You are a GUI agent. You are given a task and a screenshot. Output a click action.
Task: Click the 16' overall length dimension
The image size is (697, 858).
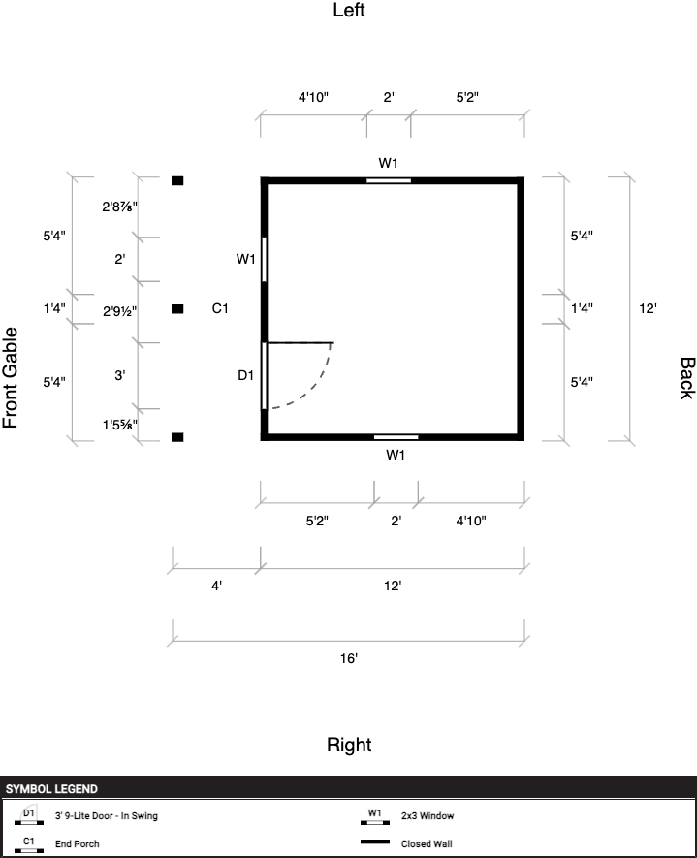point(349,658)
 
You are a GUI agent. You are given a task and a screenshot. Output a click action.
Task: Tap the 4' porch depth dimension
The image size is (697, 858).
point(216,586)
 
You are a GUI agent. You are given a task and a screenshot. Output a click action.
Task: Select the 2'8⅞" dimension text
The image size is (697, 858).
point(120,207)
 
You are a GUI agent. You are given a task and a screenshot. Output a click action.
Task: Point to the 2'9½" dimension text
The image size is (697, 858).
point(120,311)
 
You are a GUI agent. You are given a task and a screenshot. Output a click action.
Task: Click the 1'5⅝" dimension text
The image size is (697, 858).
point(120,425)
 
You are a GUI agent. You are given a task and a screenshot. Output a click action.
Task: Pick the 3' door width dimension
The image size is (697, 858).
point(120,375)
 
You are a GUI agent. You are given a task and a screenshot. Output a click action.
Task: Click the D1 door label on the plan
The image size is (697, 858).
point(245,375)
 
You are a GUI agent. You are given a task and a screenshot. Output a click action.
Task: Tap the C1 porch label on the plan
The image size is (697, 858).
point(220,308)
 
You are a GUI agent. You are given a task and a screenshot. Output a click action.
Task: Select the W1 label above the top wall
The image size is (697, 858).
point(388,163)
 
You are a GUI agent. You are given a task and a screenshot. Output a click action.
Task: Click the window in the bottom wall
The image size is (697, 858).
point(396,437)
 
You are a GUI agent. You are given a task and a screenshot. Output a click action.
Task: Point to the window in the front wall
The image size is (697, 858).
point(265,260)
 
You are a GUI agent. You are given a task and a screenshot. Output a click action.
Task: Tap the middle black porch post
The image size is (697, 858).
point(177,309)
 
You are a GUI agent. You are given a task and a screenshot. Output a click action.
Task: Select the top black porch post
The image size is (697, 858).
point(177,180)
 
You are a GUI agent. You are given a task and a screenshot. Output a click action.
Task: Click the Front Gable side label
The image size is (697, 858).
point(11,377)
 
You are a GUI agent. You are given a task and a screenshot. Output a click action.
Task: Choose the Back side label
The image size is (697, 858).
point(687,378)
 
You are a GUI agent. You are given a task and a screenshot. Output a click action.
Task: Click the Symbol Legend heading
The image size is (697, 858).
point(51,789)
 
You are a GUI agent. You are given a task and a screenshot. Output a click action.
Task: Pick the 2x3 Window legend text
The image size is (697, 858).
point(428,816)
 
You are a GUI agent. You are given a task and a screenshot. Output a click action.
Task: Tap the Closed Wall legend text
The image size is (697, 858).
point(427,843)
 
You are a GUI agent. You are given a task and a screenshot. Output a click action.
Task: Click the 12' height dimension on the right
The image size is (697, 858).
point(648,308)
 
